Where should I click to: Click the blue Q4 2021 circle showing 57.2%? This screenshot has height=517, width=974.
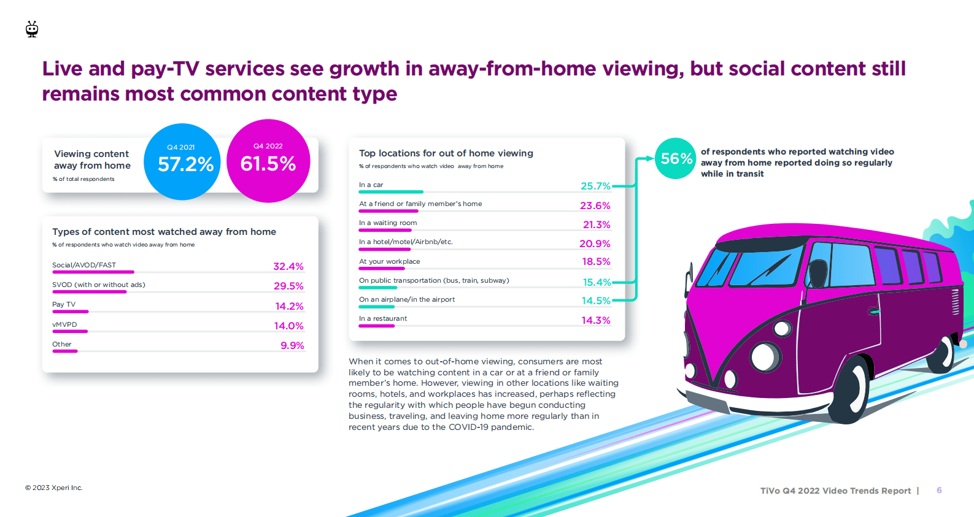[182, 162]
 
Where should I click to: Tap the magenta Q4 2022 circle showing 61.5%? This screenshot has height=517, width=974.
[268, 161]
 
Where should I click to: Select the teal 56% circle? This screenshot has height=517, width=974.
[675, 158]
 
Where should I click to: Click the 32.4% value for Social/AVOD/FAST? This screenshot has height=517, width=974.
[288, 266]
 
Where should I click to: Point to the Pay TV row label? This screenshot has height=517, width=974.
[64, 304]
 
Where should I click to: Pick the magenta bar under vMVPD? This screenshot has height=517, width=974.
[70, 332]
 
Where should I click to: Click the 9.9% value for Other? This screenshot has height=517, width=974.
[292, 345]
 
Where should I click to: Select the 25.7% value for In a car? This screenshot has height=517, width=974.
[595, 186]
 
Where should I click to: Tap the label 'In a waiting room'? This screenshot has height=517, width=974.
[388, 223]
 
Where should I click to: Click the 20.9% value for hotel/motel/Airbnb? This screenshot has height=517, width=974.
[595, 243]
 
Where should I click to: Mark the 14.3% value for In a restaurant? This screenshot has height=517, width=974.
[596, 320]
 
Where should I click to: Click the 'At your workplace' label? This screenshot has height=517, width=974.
[390, 261]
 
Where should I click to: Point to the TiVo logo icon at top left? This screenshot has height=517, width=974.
[32, 29]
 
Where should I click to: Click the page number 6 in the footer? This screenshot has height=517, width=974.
[939, 490]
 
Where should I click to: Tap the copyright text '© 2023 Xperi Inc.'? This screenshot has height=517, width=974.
[54, 488]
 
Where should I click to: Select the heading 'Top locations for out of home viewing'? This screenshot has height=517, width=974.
[446, 153]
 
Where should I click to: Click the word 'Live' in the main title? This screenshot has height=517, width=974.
[61, 69]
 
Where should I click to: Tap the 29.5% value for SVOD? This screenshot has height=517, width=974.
[288, 286]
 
